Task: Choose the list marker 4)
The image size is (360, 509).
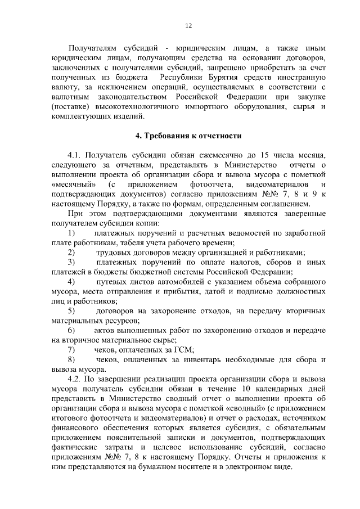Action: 71,281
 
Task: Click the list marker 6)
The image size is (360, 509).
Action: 71,330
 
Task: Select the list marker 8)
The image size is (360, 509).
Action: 71,359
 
